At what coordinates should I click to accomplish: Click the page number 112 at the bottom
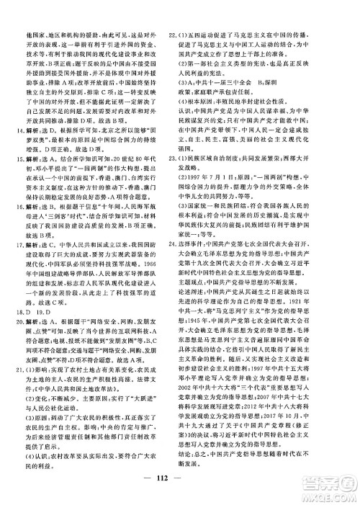pos(179,482)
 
